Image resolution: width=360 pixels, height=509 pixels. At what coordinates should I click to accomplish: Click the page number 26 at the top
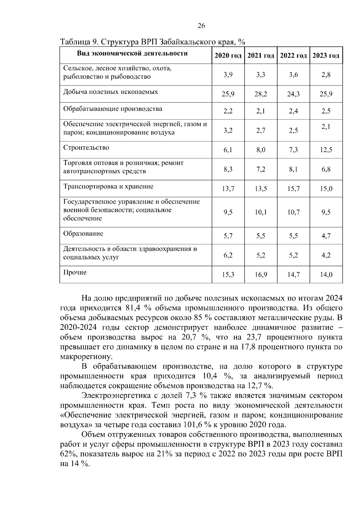point(201,26)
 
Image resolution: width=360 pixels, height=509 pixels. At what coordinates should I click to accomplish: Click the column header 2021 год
point(260,56)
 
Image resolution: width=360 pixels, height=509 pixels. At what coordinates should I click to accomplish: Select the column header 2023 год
point(326,56)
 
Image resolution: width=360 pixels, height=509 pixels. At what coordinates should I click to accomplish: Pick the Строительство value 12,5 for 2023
point(326,150)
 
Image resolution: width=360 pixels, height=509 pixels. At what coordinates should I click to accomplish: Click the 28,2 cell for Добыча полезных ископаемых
point(261,94)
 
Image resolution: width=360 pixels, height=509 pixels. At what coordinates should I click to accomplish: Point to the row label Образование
point(83,234)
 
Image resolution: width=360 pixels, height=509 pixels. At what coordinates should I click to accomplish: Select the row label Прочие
point(75,272)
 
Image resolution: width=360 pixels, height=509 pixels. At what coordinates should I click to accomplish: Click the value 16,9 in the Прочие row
point(261,274)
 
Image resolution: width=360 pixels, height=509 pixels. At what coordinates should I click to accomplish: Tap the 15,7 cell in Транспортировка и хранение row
point(293,189)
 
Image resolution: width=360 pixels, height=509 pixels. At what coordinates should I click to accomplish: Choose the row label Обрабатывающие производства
point(112,109)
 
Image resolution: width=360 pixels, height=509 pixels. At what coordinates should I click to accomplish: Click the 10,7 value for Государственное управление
point(293,212)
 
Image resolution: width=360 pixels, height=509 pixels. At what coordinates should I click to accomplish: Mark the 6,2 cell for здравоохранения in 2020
point(228,255)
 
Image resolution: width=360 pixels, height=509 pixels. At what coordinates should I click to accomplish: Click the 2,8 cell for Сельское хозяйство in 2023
point(326,75)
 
